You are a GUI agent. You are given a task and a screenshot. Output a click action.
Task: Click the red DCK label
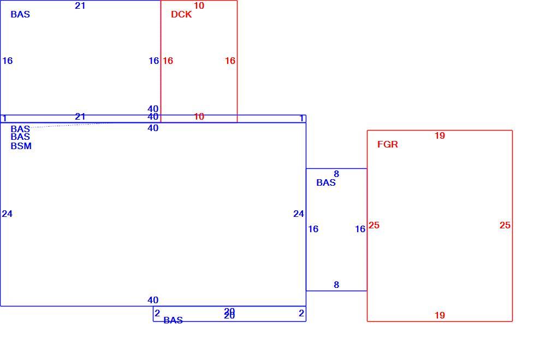(181, 14)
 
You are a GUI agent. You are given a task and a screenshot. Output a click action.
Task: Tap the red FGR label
(388, 144)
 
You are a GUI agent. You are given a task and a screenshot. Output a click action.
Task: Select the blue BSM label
(21, 146)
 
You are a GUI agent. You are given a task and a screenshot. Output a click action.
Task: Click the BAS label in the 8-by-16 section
(326, 182)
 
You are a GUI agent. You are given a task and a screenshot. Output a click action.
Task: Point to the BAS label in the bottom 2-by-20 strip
(173, 320)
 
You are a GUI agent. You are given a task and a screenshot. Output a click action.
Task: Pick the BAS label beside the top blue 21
(20, 14)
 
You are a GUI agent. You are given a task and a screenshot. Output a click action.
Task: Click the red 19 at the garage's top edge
(440, 135)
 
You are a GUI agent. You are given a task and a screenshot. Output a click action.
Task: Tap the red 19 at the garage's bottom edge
(440, 315)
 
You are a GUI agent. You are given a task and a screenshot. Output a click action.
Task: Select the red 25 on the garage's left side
(374, 225)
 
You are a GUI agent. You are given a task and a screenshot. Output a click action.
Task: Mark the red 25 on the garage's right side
(505, 225)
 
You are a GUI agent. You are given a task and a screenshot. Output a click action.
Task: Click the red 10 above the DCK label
(199, 5)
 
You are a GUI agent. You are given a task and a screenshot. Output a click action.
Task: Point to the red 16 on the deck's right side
(230, 61)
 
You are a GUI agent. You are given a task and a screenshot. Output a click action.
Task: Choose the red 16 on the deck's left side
(168, 61)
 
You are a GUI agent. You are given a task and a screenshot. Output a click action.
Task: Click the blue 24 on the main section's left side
(7, 214)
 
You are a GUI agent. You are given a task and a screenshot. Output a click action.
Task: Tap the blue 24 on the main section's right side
(299, 214)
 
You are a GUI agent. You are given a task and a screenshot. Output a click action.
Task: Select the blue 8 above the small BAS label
(336, 174)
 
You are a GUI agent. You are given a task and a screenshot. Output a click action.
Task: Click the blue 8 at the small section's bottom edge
(336, 285)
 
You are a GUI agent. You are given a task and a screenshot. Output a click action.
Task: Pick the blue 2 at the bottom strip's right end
(301, 314)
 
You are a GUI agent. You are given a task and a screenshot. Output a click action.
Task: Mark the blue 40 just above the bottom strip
(153, 300)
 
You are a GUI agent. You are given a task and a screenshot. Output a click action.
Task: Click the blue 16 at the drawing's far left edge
(7, 61)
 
